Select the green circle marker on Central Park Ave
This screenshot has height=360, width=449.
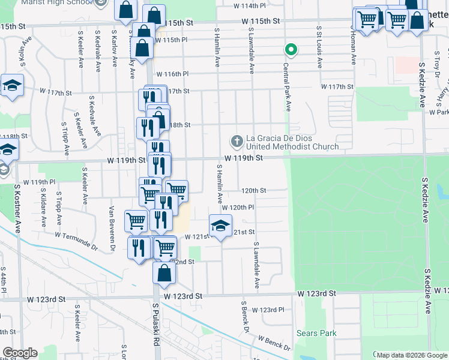tap(291, 50)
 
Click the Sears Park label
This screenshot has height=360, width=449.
tap(316, 333)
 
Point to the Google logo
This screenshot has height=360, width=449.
tap(20, 353)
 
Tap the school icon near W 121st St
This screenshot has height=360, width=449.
tap(220, 226)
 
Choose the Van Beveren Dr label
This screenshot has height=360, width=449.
tap(112, 228)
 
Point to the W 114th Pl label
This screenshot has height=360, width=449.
tap(249, 6)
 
